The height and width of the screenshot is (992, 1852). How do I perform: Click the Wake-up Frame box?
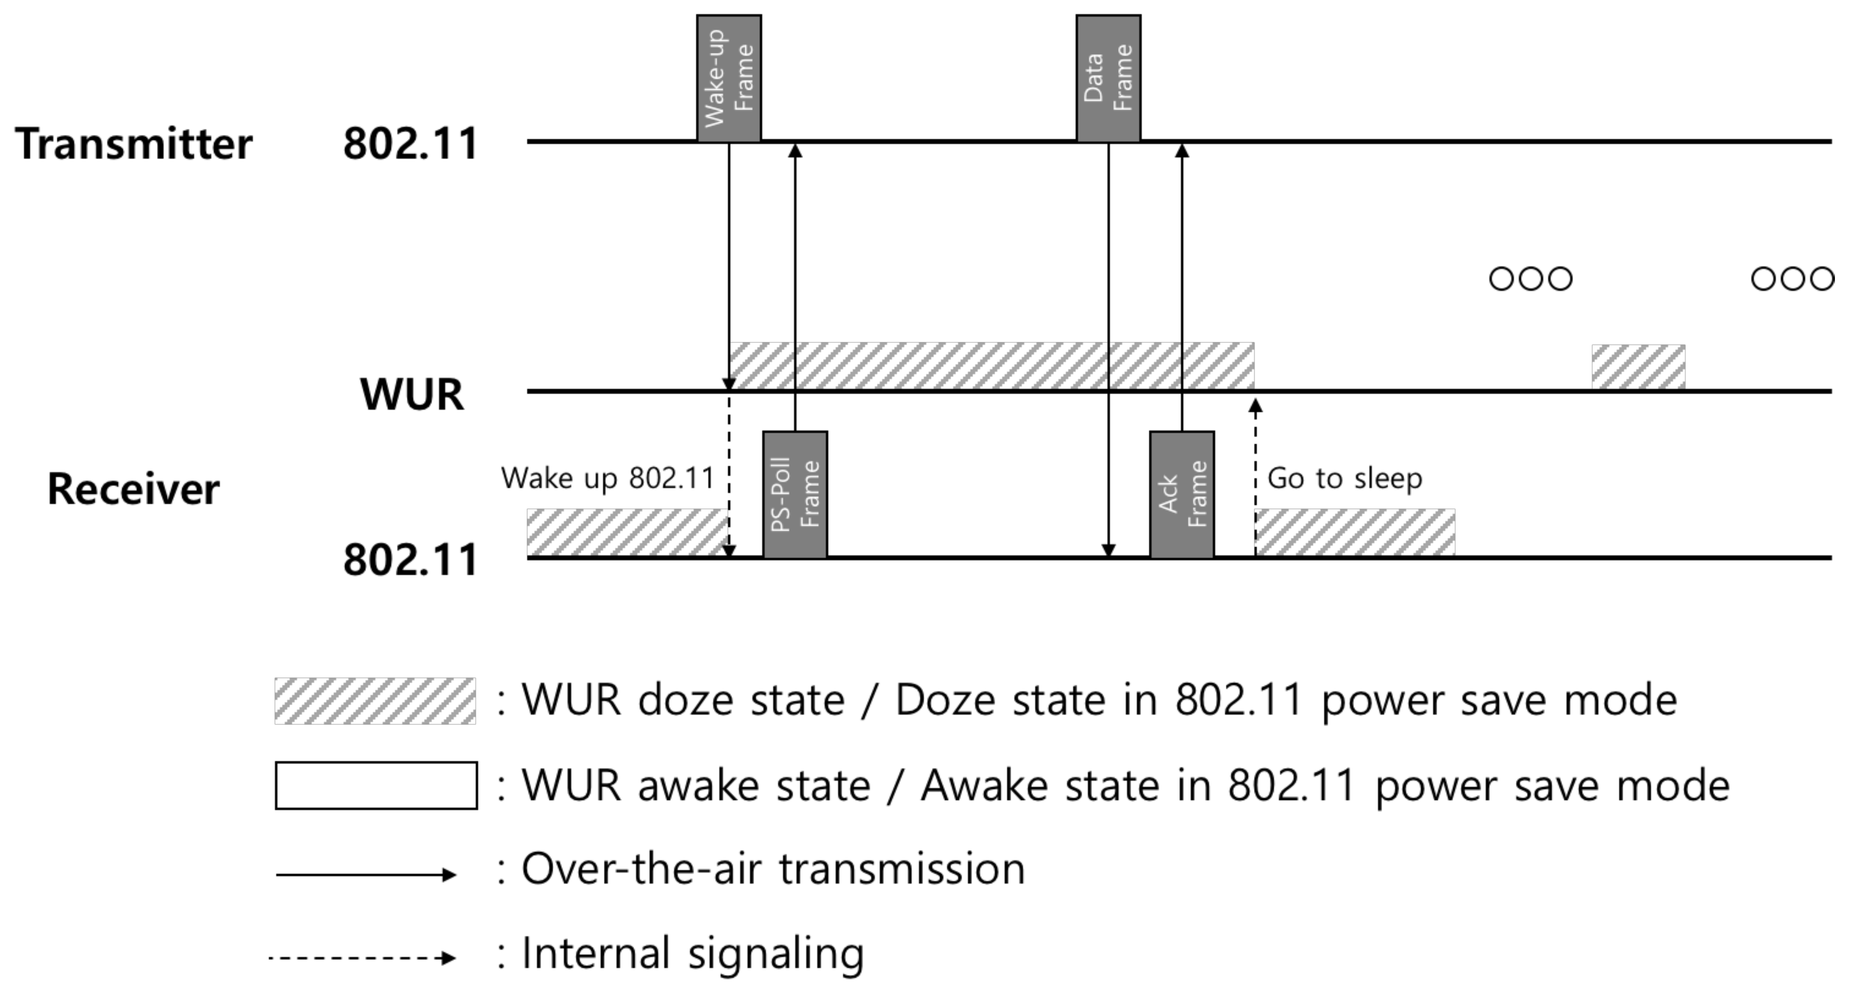coord(728,78)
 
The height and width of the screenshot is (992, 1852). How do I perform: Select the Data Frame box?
coord(1108,78)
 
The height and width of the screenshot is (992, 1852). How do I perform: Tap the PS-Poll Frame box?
coord(795,494)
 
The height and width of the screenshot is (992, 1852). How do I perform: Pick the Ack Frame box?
coord(1181,494)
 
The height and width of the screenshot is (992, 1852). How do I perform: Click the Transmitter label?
coord(134,144)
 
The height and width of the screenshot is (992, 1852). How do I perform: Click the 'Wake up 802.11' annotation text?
coord(607,478)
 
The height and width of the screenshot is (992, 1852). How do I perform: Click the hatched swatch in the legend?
coord(375,701)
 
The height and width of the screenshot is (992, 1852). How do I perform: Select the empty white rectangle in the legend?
coord(375,785)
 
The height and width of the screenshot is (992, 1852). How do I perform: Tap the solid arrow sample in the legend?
coord(365,874)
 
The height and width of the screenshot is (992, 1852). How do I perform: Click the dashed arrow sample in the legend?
coord(362,957)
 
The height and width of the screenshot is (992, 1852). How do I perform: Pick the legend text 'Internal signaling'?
coord(692,953)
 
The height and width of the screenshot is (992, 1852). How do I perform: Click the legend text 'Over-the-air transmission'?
coord(773,869)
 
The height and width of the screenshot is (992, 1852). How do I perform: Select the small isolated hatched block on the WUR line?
coord(1638,367)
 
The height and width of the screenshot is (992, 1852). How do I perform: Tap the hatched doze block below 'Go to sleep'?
coord(1354,532)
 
